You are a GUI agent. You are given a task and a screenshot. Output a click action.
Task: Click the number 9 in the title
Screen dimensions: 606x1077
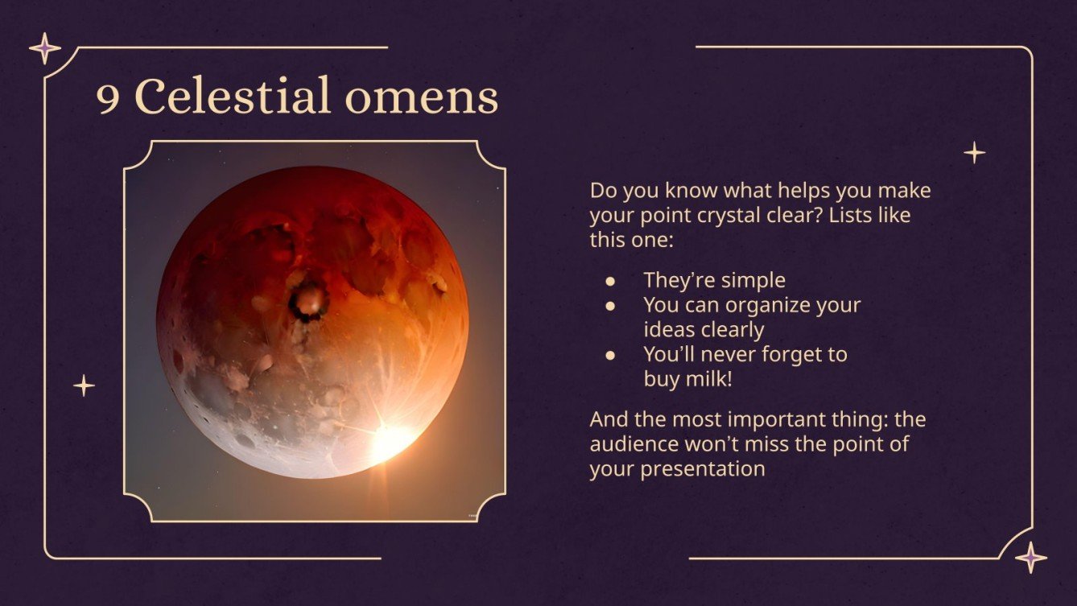(x=109, y=98)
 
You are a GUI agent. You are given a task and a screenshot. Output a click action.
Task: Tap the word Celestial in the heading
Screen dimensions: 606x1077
(x=233, y=97)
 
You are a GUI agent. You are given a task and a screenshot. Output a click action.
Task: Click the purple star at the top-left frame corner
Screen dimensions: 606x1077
(x=45, y=48)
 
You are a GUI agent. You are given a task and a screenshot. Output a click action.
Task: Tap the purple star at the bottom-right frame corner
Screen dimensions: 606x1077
(x=1030, y=557)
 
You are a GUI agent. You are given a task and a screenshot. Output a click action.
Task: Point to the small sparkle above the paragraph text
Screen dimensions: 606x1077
(x=975, y=152)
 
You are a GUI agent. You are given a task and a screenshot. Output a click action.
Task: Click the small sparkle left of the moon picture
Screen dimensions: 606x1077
(x=84, y=385)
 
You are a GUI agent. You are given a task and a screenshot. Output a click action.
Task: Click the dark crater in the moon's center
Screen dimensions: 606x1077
(x=307, y=302)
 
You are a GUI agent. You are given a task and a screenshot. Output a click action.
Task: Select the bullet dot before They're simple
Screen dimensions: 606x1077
(x=611, y=281)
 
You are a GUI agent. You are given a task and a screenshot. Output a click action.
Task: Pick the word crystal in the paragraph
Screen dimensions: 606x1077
(x=712, y=216)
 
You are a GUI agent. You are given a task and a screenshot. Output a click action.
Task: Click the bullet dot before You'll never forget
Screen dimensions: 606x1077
(x=611, y=354)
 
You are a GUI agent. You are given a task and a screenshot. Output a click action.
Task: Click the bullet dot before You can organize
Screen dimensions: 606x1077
(x=611, y=306)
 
